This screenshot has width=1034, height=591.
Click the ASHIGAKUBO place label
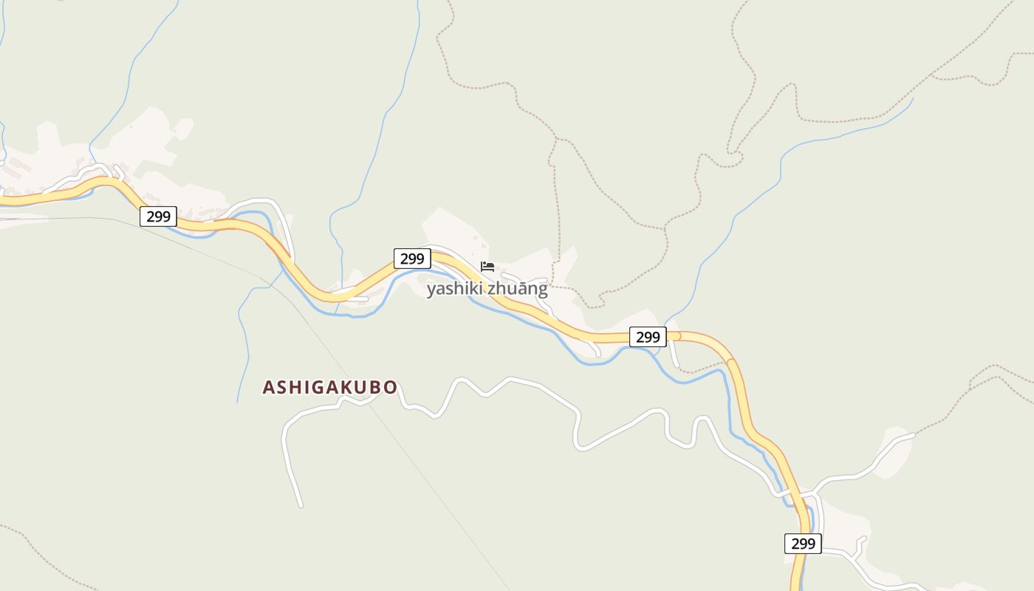pos(330,387)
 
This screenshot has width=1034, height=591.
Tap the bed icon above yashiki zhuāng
pos(487,267)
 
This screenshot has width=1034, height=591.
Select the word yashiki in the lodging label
pos(452,289)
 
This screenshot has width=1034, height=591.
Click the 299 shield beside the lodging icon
pos(412,259)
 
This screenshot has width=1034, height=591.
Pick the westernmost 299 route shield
pos(158,216)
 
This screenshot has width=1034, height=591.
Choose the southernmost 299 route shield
pos(803,544)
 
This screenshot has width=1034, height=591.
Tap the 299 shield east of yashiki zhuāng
pos(648,337)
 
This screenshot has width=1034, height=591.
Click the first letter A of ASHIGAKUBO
pos(269,387)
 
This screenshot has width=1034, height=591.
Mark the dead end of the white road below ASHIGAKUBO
pos(301,506)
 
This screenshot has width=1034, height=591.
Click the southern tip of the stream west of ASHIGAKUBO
pos(237,402)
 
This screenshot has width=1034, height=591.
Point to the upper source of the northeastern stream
pos(913,99)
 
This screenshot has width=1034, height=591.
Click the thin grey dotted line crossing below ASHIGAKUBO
pos(414,458)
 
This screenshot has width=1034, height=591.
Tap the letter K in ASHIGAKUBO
pos(345,387)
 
